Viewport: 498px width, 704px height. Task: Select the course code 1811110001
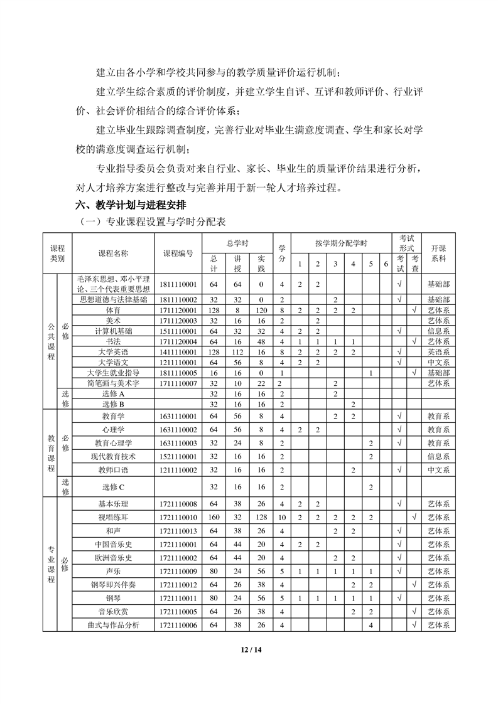(x=179, y=284)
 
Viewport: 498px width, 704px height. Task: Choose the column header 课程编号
(x=179, y=253)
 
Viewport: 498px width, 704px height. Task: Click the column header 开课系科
(x=438, y=253)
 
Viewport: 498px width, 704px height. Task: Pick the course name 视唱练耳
(x=113, y=517)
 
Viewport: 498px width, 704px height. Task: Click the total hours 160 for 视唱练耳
(x=214, y=517)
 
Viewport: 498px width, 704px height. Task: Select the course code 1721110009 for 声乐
(x=179, y=571)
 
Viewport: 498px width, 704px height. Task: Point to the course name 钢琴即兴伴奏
(x=113, y=585)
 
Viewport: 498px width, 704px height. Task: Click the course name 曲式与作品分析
(x=113, y=625)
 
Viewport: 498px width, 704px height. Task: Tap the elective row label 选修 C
(x=113, y=486)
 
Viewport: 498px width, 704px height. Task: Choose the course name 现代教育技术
(x=113, y=456)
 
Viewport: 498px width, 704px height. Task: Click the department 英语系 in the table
(x=438, y=352)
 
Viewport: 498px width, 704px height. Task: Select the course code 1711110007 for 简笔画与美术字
(x=179, y=383)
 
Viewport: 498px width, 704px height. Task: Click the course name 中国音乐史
(x=113, y=544)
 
